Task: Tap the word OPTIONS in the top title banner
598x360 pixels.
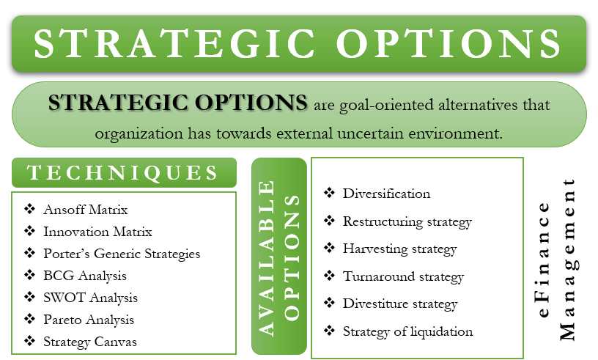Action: pyautogui.click(x=448, y=43)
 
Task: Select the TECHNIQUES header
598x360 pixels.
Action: pyautogui.click(x=122, y=172)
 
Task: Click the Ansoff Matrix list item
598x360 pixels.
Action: pyautogui.click(x=86, y=210)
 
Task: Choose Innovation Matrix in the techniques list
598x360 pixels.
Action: pyautogui.click(x=97, y=232)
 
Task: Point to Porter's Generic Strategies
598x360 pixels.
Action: pyautogui.click(x=122, y=254)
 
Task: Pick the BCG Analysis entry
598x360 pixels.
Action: pyautogui.click(x=85, y=276)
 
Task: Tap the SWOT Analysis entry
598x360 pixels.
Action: pyautogui.click(x=90, y=298)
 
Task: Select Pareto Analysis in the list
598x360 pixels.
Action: pyautogui.click(x=89, y=320)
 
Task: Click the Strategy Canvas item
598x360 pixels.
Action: pyautogui.click(x=90, y=342)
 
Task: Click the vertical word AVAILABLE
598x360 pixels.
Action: pyautogui.click(x=267, y=258)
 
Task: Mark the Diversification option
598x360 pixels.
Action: pyautogui.click(x=386, y=194)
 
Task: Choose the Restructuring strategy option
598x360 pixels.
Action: pyautogui.click(x=407, y=222)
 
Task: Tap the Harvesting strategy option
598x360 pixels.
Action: pyautogui.click(x=399, y=249)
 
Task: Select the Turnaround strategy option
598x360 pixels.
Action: pyautogui.click(x=403, y=276)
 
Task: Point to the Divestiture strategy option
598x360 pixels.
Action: pyautogui.click(x=400, y=304)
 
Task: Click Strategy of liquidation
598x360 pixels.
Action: pyautogui.click(x=407, y=331)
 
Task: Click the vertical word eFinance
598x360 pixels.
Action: pyautogui.click(x=544, y=260)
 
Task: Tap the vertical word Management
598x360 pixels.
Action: pyautogui.click(x=568, y=260)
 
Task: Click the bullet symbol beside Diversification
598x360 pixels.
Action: pyautogui.click(x=329, y=193)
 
